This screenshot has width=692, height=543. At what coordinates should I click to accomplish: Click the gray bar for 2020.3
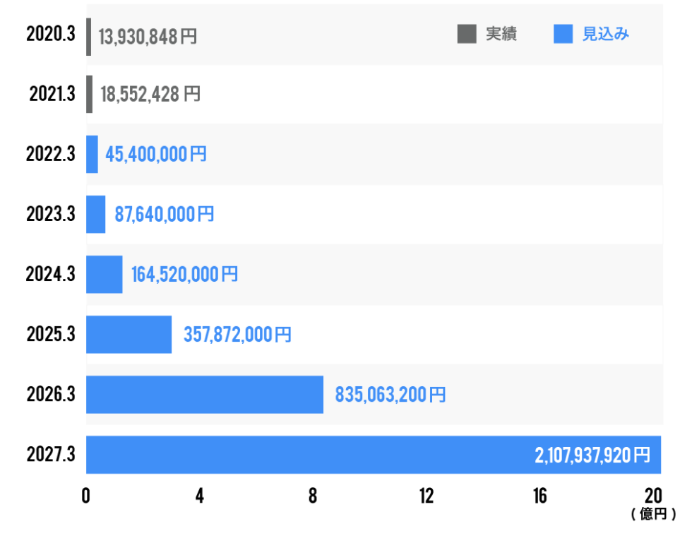pyautogui.click(x=89, y=37)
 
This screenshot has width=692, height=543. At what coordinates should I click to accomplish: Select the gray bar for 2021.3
pyautogui.click(x=89, y=94)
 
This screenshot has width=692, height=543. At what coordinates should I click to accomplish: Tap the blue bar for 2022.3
pyautogui.click(x=92, y=154)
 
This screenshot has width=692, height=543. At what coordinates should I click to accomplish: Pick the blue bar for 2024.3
pyautogui.click(x=105, y=274)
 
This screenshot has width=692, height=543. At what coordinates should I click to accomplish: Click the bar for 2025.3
pyautogui.click(x=129, y=334)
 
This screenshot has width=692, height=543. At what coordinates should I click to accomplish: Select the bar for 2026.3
pyautogui.click(x=205, y=394)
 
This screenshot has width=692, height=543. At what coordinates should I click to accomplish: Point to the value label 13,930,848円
pyautogui.click(x=148, y=37)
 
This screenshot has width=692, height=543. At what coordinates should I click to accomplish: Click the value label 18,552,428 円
pyautogui.click(x=150, y=94)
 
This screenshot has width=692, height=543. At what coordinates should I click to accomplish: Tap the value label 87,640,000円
pyautogui.click(x=164, y=214)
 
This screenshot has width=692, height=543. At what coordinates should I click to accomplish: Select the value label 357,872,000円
pyautogui.click(x=237, y=334)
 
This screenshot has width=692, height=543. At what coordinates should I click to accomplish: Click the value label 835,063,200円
pyautogui.click(x=390, y=394)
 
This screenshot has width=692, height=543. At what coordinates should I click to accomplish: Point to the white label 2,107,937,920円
pyautogui.click(x=592, y=455)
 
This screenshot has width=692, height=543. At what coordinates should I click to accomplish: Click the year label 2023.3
pyautogui.click(x=51, y=214)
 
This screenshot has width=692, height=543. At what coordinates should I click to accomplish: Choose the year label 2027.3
pyautogui.click(x=51, y=454)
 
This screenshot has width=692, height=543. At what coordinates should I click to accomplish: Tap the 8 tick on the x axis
pyautogui.click(x=313, y=496)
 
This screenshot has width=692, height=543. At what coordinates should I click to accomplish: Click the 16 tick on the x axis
pyautogui.click(x=539, y=496)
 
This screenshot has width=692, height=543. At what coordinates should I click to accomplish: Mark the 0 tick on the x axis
pyautogui.click(x=86, y=496)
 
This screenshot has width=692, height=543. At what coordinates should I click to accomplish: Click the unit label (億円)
pyautogui.click(x=653, y=514)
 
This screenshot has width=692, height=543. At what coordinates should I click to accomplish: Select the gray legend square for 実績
pyautogui.click(x=467, y=34)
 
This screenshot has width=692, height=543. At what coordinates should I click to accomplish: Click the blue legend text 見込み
pyautogui.click(x=606, y=34)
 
